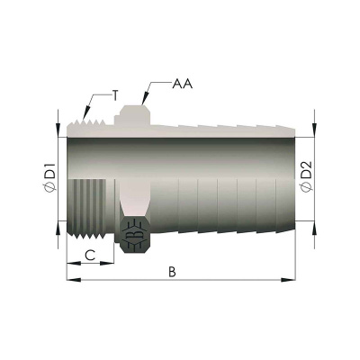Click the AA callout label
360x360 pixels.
click(183, 84)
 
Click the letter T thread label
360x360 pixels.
click(115, 95)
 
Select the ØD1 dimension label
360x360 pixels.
click(49, 177)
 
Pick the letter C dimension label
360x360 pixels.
click(90, 256)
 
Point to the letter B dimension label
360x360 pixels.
click(172, 272)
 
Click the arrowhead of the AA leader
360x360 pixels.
click(144, 98)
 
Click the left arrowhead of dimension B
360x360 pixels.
click(74, 280)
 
